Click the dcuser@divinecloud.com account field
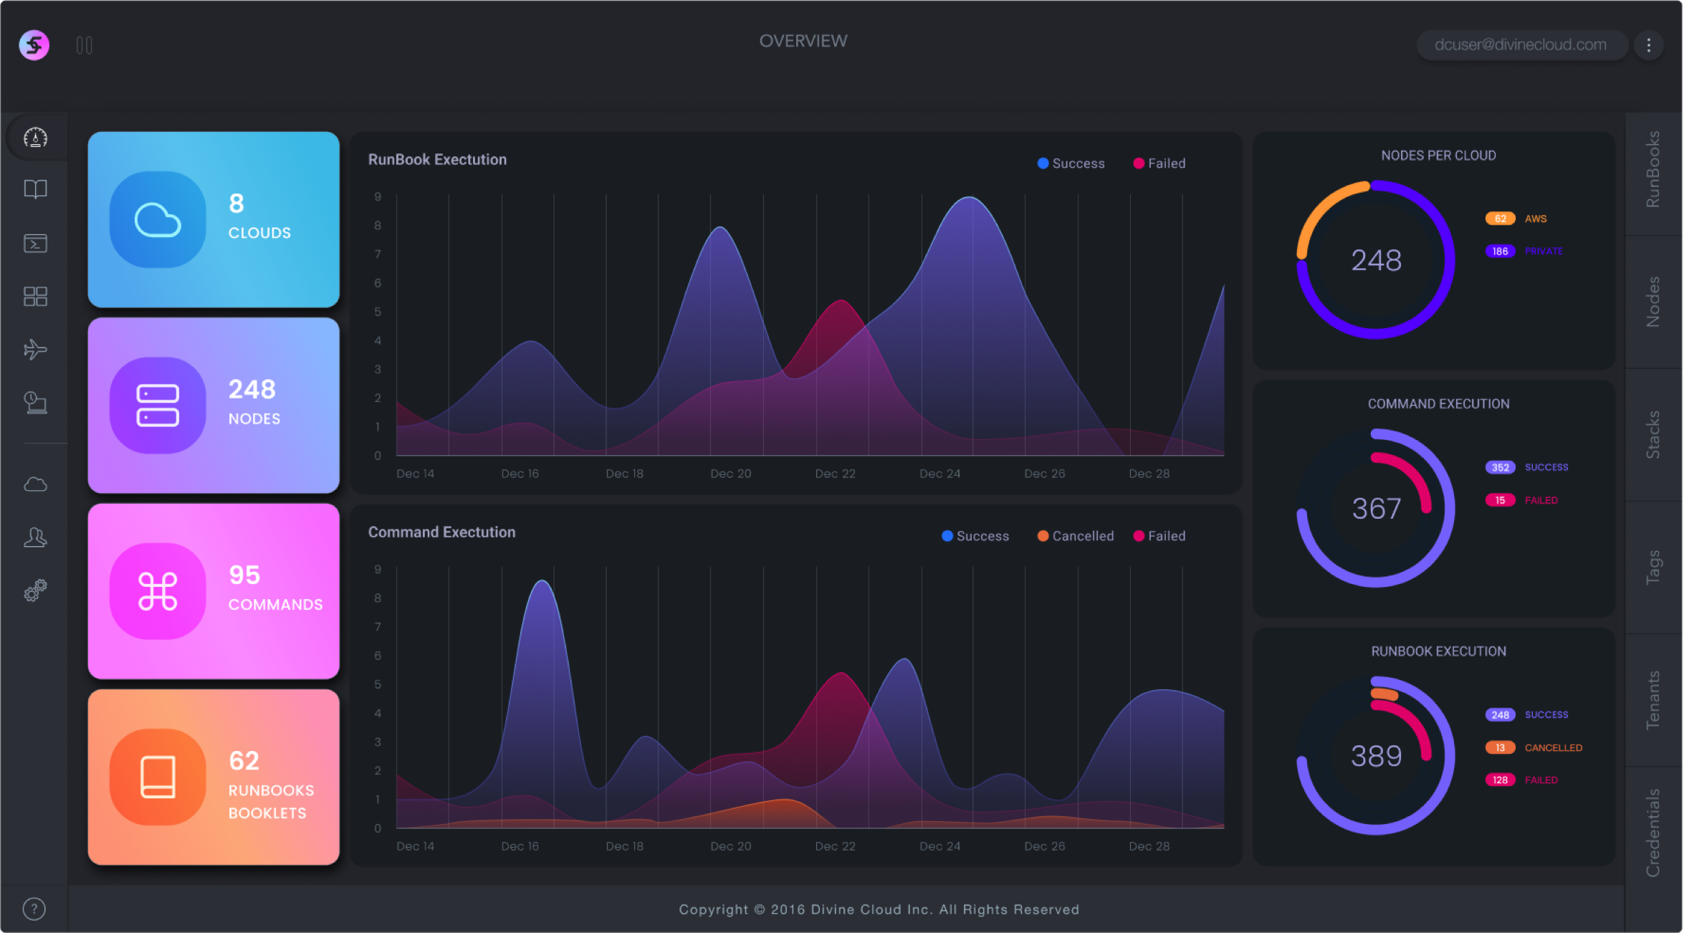click(1521, 45)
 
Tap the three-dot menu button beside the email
click(1649, 45)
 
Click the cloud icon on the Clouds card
click(158, 219)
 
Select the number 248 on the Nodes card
click(252, 389)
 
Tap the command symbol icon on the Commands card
click(158, 591)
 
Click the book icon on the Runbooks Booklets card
click(158, 777)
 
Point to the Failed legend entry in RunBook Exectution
click(1159, 163)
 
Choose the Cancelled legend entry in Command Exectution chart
click(1076, 536)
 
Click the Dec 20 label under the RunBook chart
click(730, 474)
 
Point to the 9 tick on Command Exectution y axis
click(378, 570)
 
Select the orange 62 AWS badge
click(1500, 219)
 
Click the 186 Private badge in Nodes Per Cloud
click(1500, 252)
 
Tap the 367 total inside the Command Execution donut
click(1376, 509)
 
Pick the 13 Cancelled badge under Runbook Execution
click(1500, 747)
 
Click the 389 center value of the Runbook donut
click(1376, 756)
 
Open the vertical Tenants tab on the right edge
click(1653, 700)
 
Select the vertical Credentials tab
click(1653, 833)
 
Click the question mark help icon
click(34, 909)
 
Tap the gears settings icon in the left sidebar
click(35, 590)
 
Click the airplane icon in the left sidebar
click(35, 350)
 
